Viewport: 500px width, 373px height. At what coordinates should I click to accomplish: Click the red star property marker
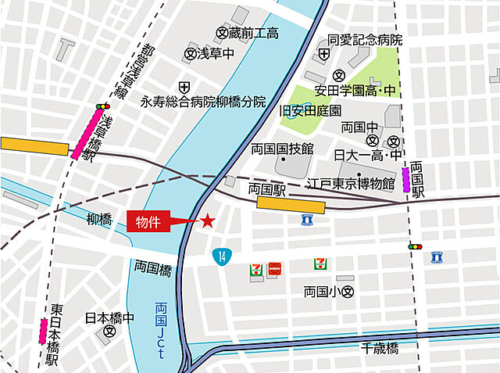point(208,221)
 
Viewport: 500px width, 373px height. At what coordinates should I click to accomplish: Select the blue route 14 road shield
point(222,255)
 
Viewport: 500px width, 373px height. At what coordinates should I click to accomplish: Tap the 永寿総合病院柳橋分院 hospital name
point(203,102)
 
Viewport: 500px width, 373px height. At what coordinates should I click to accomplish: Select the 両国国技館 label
point(282,149)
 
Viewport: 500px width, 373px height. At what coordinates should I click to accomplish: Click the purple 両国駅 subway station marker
point(406,179)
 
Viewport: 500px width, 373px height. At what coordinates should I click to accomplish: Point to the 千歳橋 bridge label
point(380,347)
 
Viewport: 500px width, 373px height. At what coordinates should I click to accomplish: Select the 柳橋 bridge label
point(99,221)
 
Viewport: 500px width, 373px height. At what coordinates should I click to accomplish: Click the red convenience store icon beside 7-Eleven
point(273,267)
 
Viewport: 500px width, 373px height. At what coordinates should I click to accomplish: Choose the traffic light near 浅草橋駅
point(102,106)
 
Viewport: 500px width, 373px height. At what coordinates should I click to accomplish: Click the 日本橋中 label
point(109,319)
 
